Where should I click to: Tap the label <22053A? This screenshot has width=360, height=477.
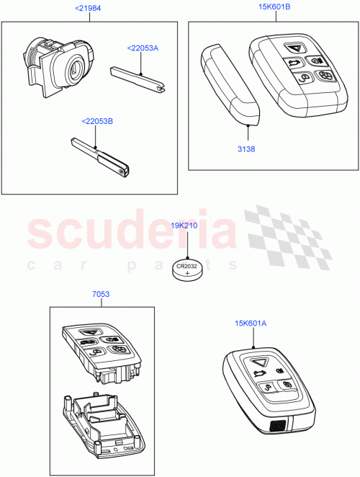143,48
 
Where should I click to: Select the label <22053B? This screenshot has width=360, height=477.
97,120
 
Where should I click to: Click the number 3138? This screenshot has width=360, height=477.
247,149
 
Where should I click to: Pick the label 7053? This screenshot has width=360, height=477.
101,294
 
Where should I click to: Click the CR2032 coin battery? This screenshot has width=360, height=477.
188,271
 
